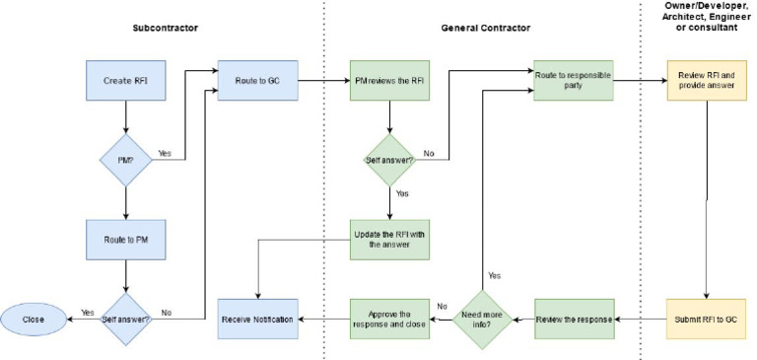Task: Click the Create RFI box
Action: coord(125,80)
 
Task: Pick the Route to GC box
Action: coord(257,80)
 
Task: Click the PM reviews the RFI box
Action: coord(389,80)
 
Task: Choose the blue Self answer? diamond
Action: coord(125,320)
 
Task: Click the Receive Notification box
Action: coord(257,320)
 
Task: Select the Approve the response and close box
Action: coord(389,320)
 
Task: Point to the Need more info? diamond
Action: coord(482,320)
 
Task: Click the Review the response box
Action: coord(574,320)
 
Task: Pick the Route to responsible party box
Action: coord(574,80)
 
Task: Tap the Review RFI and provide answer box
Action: coord(706,80)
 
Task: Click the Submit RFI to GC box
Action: coord(706,320)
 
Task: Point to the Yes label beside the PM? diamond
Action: coord(165,152)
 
